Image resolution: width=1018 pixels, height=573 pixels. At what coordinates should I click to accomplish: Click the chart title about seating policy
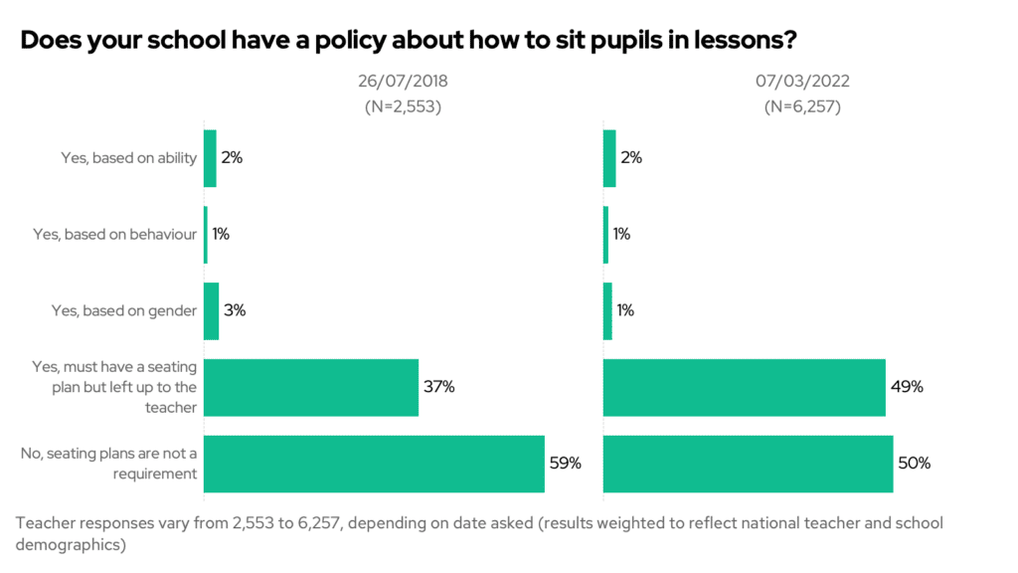coord(409,41)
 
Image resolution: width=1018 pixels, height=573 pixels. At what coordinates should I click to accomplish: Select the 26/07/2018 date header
coord(403,82)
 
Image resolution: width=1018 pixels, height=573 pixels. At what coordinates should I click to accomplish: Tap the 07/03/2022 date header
coord(802,82)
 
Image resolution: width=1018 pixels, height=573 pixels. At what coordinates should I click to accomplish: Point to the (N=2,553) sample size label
coord(403,107)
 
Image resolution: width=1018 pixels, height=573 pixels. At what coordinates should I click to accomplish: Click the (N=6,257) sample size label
coord(802,107)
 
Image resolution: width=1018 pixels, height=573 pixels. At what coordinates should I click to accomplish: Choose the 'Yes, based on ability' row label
coord(129,158)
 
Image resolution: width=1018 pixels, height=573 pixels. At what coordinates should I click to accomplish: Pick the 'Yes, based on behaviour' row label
coord(115,235)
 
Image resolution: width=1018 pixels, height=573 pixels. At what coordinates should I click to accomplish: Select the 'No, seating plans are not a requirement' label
coord(109,464)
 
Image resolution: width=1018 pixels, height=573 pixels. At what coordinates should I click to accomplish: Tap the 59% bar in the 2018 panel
coord(374,464)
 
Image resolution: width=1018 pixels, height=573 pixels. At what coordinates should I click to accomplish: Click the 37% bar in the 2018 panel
coord(311,387)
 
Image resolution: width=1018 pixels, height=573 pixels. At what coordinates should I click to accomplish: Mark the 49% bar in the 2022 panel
coord(744,387)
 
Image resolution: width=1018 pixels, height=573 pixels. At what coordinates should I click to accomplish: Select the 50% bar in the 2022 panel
coord(748,464)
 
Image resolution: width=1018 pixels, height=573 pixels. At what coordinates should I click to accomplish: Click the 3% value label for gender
coord(235,310)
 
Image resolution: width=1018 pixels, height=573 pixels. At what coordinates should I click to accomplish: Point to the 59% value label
coord(565,464)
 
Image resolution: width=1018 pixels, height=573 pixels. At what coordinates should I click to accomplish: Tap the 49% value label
coord(907,387)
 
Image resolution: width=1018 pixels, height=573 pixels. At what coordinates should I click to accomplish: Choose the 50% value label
coord(914,464)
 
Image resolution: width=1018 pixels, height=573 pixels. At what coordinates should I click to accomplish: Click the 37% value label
coord(438,387)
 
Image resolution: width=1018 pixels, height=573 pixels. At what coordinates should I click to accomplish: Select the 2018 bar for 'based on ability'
coord(210,158)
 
